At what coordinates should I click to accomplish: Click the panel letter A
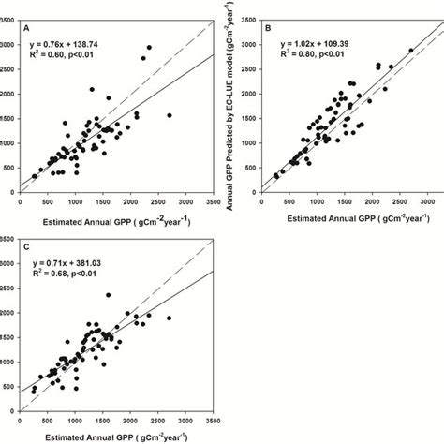point(26,29)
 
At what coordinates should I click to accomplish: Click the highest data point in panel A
point(149,48)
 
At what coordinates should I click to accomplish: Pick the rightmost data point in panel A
point(169,115)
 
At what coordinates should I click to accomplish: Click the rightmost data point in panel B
point(410,51)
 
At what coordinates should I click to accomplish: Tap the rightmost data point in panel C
point(169,318)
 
